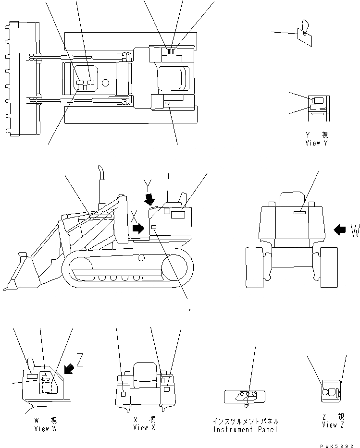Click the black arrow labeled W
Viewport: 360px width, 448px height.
[x=340, y=230]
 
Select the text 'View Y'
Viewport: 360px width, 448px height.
[x=315, y=143]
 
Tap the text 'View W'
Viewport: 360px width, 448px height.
[x=45, y=429]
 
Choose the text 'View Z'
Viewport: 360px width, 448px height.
[x=333, y=425]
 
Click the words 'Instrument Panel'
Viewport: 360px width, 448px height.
[x=246, y=429]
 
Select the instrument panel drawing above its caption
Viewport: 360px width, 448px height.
[x=244, y=396]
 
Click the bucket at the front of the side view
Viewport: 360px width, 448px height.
[x=19, y=274]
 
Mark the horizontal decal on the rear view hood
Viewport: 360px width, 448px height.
[x=300, y=210]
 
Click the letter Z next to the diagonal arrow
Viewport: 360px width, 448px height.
[x=80, y=361]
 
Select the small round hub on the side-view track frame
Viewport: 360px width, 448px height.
[x=140, y=258]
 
